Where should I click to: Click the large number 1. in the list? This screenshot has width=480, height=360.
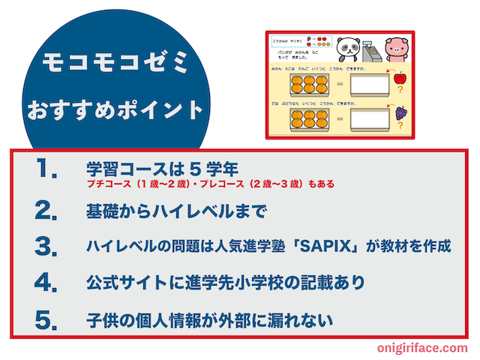pos(46,170)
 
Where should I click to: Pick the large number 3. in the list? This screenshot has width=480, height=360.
pos(46,246)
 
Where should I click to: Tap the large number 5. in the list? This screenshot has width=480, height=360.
pos(46,320)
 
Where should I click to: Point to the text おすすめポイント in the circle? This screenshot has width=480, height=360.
pos(114,110)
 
